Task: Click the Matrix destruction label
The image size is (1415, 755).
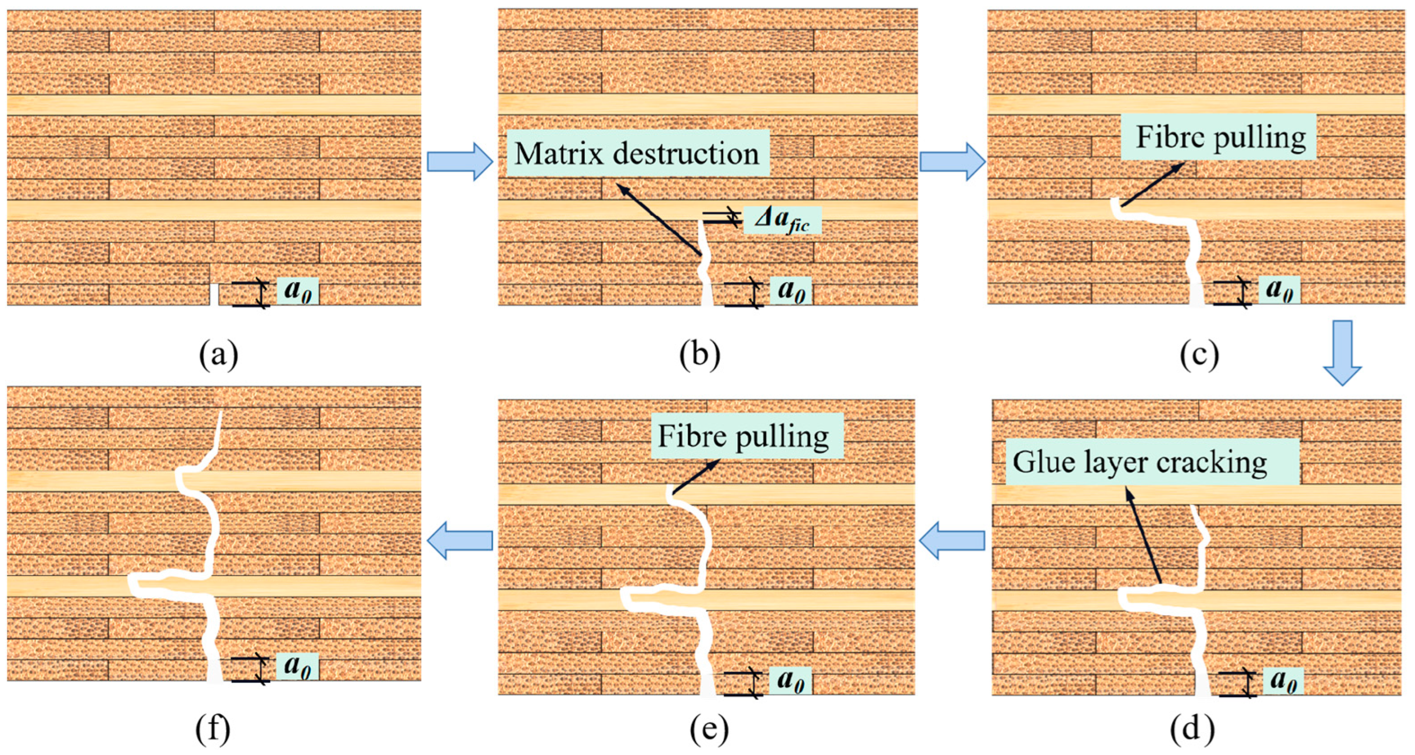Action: tap(637, 153)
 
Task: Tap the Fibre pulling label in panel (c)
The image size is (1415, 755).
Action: tap(1218, 137)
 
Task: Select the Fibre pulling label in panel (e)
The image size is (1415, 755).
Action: tap(746, 436)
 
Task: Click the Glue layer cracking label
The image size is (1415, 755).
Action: tap(1152, 462)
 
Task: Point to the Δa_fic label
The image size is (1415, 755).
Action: tap(782, 220)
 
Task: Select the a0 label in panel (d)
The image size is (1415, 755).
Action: tap(1283, 680)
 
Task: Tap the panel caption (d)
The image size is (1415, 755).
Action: tap(1192, 729)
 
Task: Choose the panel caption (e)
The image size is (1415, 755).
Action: tap(708, 729)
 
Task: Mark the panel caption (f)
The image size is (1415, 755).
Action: tap(213, 729)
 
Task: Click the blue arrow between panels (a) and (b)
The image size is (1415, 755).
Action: tap(460, 162)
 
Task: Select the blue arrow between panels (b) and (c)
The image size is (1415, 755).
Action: tap(952, 162)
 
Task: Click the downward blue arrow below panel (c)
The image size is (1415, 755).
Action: tap(1342, 352)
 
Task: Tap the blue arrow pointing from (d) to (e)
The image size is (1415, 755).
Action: tap(952, 540)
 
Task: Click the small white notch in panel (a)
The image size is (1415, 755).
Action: tap(214, 294)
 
